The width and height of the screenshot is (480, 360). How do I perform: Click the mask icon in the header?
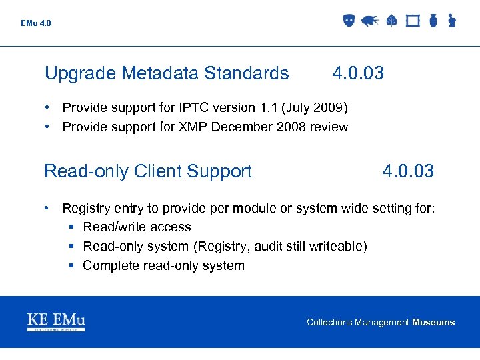(348, 21)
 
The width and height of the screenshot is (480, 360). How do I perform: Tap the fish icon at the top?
(369, 21)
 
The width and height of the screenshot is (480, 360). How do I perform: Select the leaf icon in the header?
(391, 21)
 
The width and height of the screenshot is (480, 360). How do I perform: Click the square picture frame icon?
(413, 21)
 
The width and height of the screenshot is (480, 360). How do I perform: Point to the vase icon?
(433, 21)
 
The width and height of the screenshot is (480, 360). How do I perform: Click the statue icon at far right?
(451, 21)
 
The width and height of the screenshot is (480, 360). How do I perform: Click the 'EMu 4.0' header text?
(35, 23)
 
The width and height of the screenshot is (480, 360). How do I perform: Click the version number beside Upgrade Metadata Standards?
(358, 73)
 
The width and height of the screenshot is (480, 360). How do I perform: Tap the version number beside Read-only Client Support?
(408, 171)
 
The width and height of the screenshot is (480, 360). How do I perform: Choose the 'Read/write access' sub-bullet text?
(137, 227)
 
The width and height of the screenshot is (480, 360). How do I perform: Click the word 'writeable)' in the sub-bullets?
(338, 247)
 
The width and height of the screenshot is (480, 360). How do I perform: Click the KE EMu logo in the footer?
(56, 322)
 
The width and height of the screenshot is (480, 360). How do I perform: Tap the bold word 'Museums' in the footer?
(433, 323)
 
